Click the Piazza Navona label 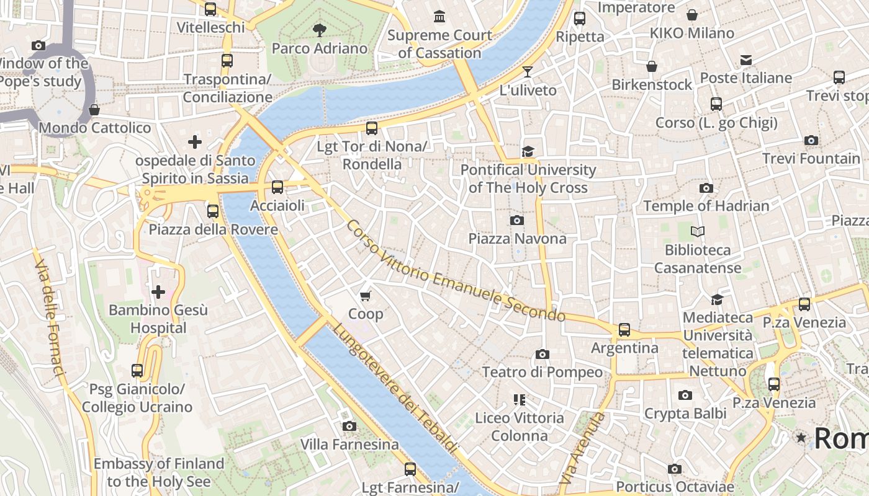tap(517, 239)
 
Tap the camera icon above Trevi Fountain tap(811, 141)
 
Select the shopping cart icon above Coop tap(366, 296)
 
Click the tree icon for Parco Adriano tap(320, 29)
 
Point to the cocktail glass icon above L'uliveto tap(528, 72)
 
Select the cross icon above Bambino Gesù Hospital tap(158, 291)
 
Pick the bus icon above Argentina tap(624, 330)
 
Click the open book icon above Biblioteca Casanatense tap(698, 232)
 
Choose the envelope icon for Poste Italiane tap(745, 60)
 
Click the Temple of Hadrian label tap(706, 206)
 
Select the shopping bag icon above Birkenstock tap(652, 66)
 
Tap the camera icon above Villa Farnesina tap(349, 426)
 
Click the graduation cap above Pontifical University tap(528, 152)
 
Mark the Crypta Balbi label tap(685, 413)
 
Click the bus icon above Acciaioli tap(277, 187)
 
